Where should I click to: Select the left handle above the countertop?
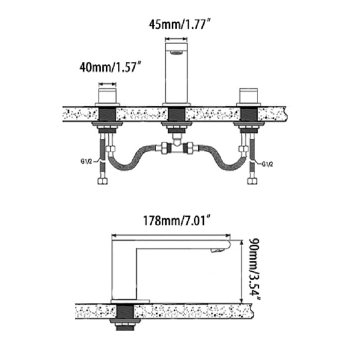(107, 97)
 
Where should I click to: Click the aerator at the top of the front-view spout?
(177, 52)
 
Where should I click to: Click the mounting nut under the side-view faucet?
(125, 323)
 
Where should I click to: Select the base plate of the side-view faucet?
(130, 300)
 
